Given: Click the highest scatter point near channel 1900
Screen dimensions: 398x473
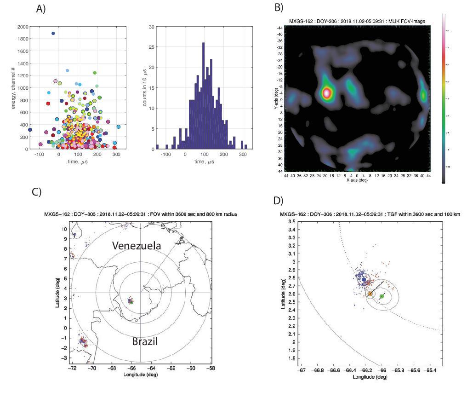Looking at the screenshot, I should (x=53, y=33).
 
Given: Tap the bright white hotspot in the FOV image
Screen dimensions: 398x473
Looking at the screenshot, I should (x=326, y=92).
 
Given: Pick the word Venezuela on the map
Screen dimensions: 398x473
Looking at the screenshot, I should (x=137, y=246).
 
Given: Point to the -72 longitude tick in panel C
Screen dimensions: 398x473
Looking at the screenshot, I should (x=72, y=369).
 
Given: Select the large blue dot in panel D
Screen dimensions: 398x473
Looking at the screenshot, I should (x=364, y=280).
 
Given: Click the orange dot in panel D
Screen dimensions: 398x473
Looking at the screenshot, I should (x=370, y=294).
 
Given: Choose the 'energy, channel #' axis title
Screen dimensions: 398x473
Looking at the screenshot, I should (x=8, y=87).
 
